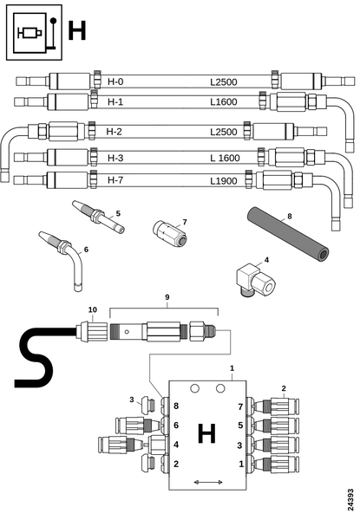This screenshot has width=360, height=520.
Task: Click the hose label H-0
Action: (x=115, y=81)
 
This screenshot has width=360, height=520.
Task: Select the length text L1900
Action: (x=224, y=181)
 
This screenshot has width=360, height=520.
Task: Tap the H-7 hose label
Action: (x=115, y=180)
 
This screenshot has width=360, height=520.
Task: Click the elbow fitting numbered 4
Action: (x=256, y=279)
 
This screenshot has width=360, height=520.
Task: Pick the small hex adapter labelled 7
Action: (x=169, y=233)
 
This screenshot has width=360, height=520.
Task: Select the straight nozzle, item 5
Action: (x=99, y=217)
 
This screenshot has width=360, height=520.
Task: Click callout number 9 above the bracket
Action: (x=167, y=297)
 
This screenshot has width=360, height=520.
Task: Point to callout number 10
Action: (x=93, y=309)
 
